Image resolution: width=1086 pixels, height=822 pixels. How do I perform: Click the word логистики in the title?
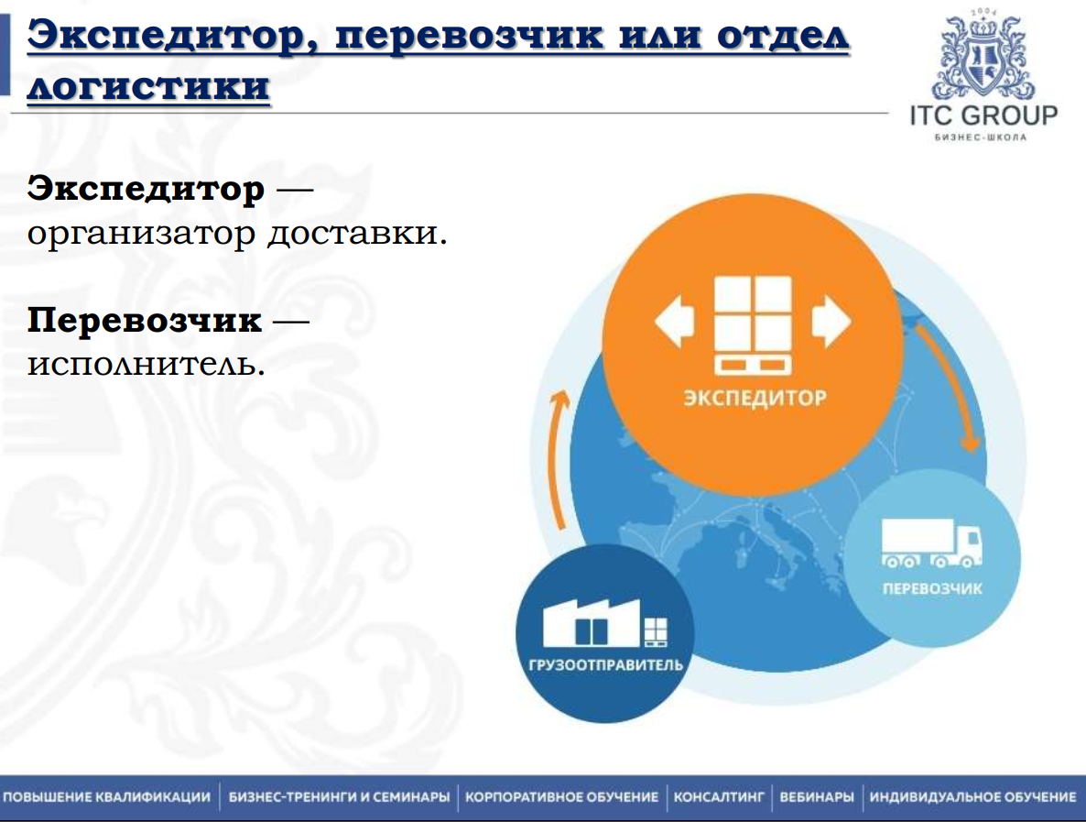tap(148, 87)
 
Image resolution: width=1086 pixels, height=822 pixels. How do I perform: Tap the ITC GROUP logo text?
tap(983, 116)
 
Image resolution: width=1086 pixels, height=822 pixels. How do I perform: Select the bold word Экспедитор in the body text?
tap(146, 190)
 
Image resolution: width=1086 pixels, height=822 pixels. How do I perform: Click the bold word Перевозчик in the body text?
tap(144, 321)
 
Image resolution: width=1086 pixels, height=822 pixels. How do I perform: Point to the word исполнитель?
tap(146, 364)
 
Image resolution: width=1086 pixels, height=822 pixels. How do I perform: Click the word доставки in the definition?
tap(357, 233)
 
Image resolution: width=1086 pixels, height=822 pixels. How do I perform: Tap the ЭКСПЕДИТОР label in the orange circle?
tap(754, 398)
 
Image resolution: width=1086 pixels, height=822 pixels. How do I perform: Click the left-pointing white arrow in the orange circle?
tap(675, 321)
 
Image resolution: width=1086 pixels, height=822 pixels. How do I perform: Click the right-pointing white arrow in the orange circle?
tap(831, 321)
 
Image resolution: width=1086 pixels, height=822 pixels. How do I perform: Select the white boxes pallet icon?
tap(753, 325)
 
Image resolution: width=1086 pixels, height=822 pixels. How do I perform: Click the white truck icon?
tap(930, 543)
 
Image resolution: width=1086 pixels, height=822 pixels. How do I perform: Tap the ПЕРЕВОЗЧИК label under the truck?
tap(931, 588)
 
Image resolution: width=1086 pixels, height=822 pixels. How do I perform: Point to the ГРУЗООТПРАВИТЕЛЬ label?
tap(605, 664)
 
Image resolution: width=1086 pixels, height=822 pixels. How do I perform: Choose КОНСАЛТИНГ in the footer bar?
tap(719, 797)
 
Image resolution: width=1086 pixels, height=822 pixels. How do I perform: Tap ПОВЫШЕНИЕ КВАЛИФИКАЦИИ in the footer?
tap(107, 797)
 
